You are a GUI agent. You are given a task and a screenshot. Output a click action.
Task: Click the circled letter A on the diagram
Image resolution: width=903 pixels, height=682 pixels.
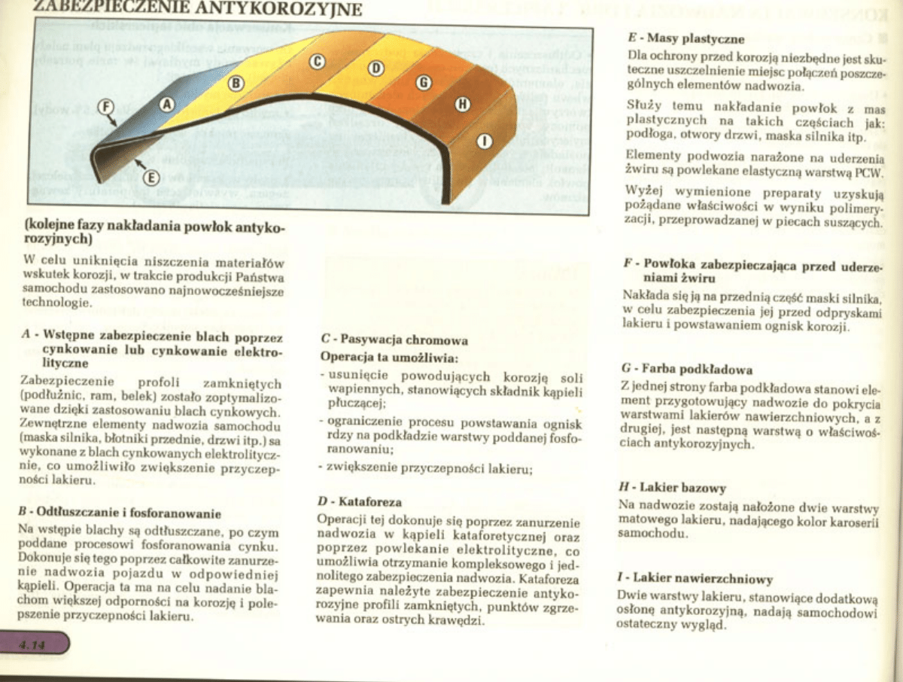pyautogui.click(x=167, y=102)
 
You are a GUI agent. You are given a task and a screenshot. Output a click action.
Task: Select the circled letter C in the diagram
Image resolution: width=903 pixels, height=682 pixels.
pyautogui.click(x=318, y=60)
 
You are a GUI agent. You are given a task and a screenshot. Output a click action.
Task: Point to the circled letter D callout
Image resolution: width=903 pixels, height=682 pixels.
pyautogui.click(x=375, y=69)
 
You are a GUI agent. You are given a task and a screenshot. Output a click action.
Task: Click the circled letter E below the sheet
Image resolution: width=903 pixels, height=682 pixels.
pyautogui.click(x=150, y=178)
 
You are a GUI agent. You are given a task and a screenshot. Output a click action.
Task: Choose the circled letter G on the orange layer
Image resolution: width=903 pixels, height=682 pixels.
pyautogui.click(x=423, y=81)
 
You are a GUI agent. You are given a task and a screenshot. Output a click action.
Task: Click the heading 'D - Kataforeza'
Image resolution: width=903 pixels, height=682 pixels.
pyautogui.click(x=360, y=501)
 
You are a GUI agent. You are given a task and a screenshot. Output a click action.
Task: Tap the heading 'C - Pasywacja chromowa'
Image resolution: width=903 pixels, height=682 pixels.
pyautogui.click(x=394, y=339)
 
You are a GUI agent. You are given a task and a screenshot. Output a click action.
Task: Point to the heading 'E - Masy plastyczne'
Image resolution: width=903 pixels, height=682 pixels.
pyautogui.click(x=686, y=38)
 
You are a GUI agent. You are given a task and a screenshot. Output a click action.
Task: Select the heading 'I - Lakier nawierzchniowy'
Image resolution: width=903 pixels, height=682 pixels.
pyautogui.click(x=695, y=579)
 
